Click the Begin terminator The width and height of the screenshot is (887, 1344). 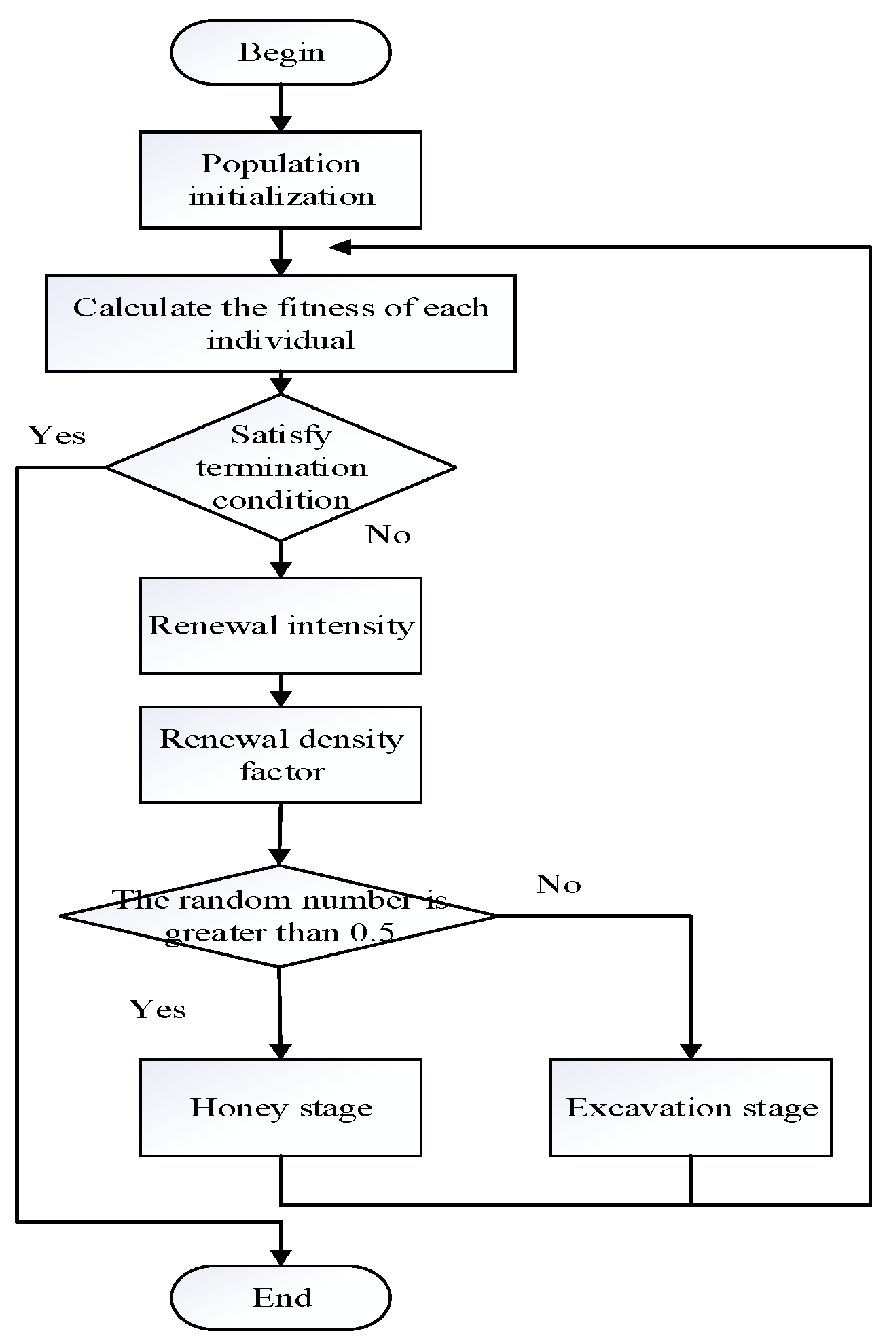(x=280, y=52)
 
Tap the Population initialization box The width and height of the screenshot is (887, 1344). (x=280, y=180)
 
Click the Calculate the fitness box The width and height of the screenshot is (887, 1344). (x=280, y=323)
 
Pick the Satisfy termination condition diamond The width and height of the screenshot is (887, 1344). (x=280, y=467)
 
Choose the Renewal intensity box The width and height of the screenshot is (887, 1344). (x=280, y=625)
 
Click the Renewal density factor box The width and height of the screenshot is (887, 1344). (x=280, y=755)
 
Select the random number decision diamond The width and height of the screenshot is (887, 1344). (x=278, y=915)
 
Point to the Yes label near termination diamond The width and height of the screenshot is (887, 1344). (x=57, y=435)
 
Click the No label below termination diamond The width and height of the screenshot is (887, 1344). (x=388, y=535)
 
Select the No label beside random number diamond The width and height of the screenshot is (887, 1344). (x=558, y=884)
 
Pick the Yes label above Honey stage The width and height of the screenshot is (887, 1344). (x=158, y=1009)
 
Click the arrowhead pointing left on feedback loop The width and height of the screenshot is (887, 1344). (x=340, y=247)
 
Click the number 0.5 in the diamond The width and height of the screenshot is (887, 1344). (x=372, y=932)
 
